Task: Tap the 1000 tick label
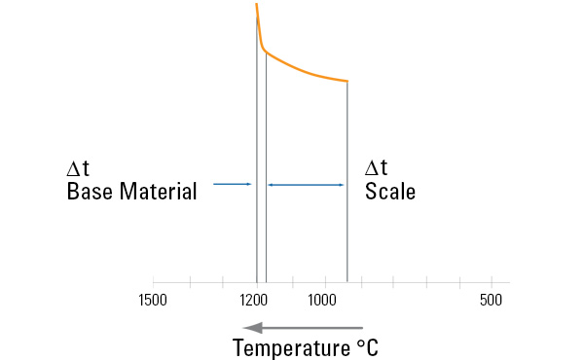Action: point(323,300)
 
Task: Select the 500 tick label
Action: point(491,300)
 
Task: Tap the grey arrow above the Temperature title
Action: point(303,328)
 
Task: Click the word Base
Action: point(91,192)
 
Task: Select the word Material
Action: point(159,192)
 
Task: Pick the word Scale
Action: point(390,192)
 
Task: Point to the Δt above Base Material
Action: point(77,168)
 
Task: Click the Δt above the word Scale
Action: point(376,168)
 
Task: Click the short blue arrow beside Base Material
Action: point(233,184)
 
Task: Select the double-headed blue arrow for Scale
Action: point(307,184)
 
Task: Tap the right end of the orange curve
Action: point(347,81)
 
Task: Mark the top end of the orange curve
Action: point(256,6)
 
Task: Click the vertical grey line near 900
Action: point(347,195)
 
